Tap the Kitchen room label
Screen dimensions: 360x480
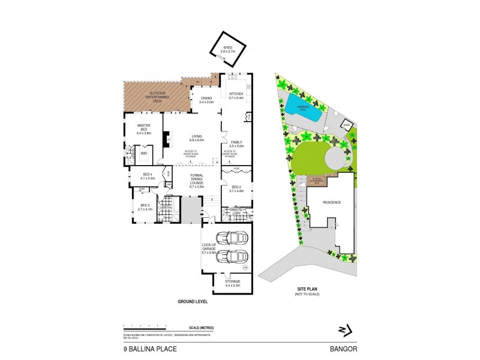235,95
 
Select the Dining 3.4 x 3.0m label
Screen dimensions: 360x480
206,100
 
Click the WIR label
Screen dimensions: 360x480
144,154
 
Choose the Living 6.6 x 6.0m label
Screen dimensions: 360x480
197,138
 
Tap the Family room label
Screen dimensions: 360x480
236,143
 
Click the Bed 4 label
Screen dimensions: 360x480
148,176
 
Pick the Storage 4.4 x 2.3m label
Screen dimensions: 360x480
232,283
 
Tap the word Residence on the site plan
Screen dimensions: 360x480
332,202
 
